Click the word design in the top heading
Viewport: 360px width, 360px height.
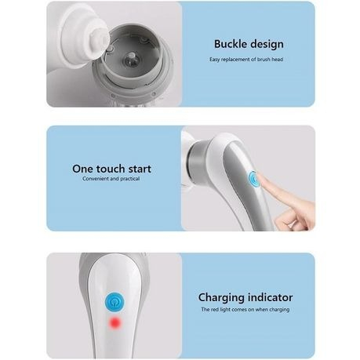pos(266,45)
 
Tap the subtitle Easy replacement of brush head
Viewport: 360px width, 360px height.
pos(246,60)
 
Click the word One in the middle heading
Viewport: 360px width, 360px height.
pos(82,169)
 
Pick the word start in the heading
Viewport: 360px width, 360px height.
pos(140,169)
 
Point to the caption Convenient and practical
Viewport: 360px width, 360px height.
pos(111,179)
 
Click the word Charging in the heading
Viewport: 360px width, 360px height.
pos(221,298)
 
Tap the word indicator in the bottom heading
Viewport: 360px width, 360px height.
pos(271,297)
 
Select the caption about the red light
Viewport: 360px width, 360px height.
pos(245,310)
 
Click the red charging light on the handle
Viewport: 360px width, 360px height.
pos(115,322)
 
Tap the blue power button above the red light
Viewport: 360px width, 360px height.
pos(115,302)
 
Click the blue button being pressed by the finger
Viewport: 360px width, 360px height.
pos(253,179)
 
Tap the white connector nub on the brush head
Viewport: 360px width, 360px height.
pos(100,38)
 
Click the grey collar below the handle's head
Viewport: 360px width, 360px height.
pos(197,162)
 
